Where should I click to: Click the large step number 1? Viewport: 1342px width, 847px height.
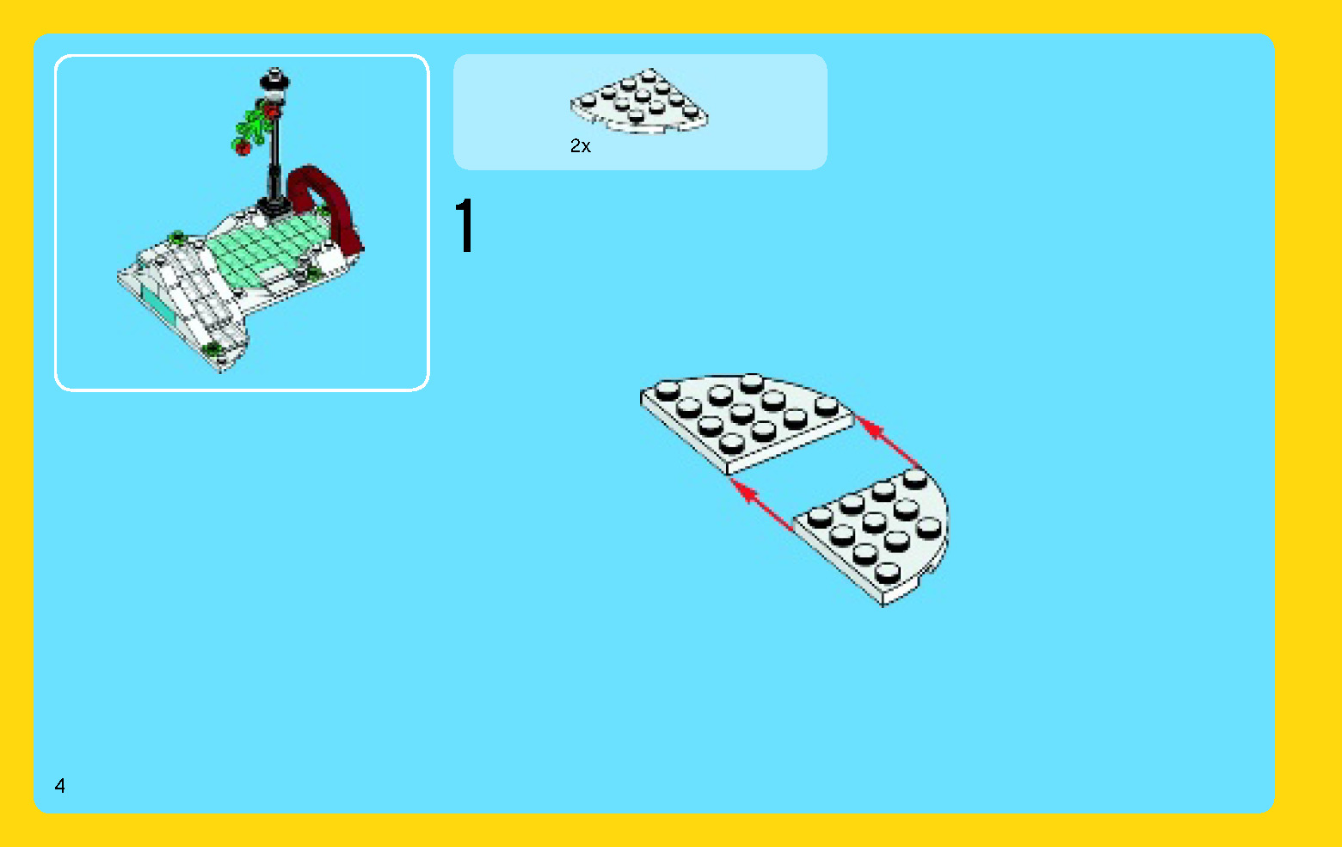pyautogui.click(x=465, y=226)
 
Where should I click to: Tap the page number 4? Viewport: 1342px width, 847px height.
pyautogui.click(x=59, y=785)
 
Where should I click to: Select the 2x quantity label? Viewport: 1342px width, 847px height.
pyautogui.click(x=581, y=146)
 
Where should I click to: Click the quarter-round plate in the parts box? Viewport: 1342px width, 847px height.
pyautogui.click(x=638, y=101)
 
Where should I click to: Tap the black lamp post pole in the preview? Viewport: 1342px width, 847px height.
pyautogui.click(x=275, y=155)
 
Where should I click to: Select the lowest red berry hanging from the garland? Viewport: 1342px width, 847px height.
pyautogui.click(x=243, y=148)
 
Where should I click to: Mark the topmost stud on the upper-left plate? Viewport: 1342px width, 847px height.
pyautogui.click(x=752, y=381)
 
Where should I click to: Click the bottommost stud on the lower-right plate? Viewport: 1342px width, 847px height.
pyautogui.click(x=887, y=572)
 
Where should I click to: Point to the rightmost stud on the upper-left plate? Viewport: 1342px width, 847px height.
pyautogui.click(x=827, y=406)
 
